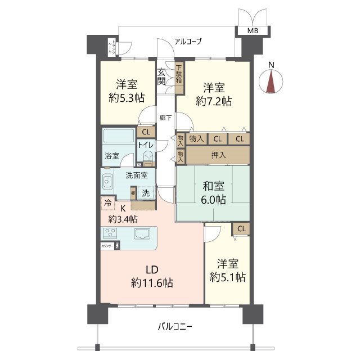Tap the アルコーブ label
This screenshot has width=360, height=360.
pyautogui.click(x=188, y=41)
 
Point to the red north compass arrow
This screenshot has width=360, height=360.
pyautogui.click(x=271, y=83)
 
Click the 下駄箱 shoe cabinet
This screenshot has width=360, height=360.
pyautogui.click(x=179, y=76)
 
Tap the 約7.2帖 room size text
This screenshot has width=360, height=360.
pyautogui.click(x=214, y=101)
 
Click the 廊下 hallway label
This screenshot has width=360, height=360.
pyautogui.click(x=165, y=118)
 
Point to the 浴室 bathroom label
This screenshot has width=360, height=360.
pyautogui.click(x=111, y=155)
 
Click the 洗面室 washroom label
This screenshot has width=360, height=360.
pyautogui.click(x=137, y=175)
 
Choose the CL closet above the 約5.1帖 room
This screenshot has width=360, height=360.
pyautogui.click(x=241, y=228)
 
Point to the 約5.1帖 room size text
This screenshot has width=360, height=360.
pyautogui.click(x=227, y=277)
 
